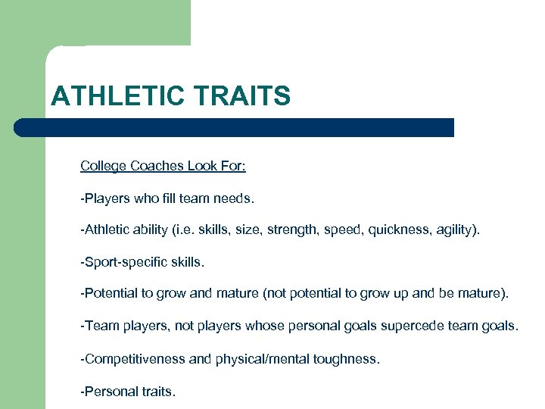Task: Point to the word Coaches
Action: point(154,166)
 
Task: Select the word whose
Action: point(262,326)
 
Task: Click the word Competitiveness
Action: point(133,358)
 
